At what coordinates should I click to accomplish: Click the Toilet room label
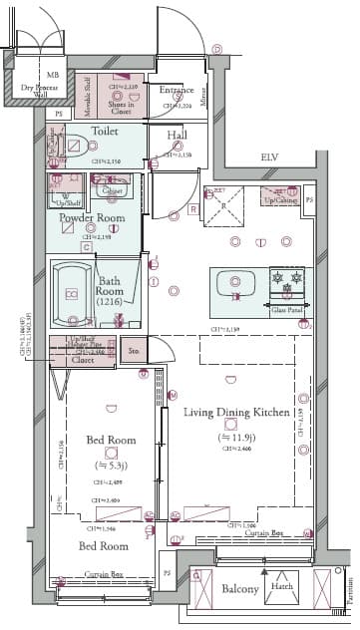click(106, 131)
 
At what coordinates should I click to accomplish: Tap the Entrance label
click(177, 91)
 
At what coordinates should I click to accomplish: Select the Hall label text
click(178, 135)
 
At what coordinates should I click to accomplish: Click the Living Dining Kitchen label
click(236, 412)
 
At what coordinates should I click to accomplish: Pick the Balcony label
click(240, 589)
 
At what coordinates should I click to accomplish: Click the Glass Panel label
click(287, 310)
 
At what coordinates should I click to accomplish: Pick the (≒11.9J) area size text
click(236, 436)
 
